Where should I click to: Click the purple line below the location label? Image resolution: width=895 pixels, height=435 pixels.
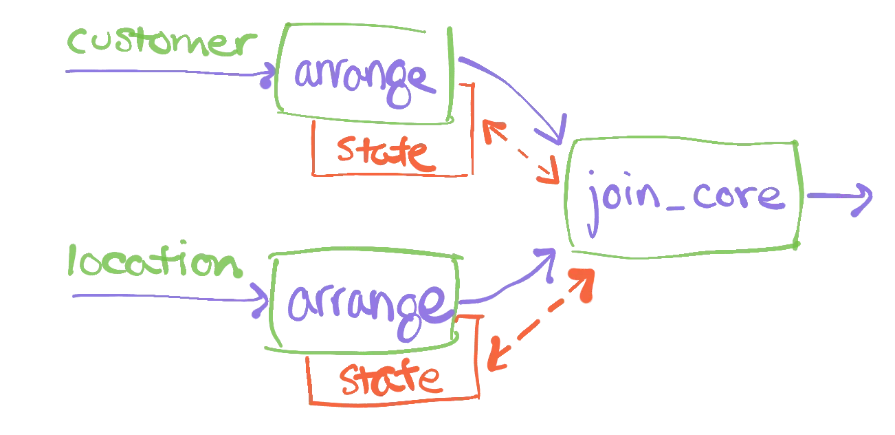point(165,297)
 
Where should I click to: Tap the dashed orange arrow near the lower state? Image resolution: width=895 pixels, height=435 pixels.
point(540,320)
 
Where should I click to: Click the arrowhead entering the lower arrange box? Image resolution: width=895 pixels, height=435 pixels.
point(262,299)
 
